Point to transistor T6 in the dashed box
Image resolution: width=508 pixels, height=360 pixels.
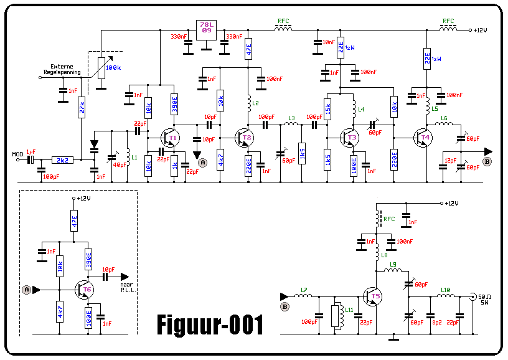tap(85, 290)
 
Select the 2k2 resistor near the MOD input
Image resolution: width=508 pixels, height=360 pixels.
tap(62, 160)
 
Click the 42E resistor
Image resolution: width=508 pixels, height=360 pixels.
tap(248, 49)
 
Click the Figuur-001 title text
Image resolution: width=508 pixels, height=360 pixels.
tap(210, 324)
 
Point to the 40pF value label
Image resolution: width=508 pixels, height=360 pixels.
tap(120, 164)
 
